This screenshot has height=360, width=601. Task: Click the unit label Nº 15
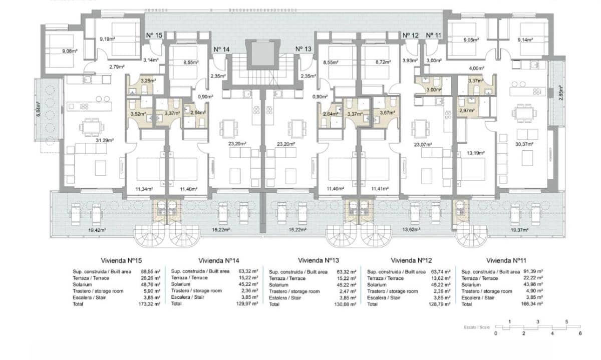point(154,35)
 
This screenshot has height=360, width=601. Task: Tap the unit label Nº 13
point(304,49)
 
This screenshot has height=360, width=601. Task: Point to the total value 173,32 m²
point(151,304)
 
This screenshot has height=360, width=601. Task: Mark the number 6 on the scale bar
point(580,333)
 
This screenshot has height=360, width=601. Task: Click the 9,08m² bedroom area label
point(70,51)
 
